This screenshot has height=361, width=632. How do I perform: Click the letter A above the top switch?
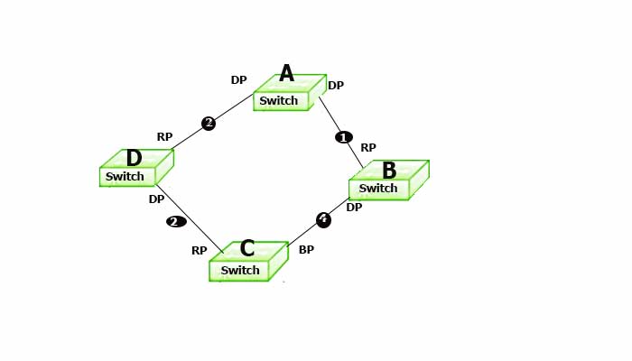[x=286, y=74]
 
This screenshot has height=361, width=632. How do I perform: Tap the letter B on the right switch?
[x=389, y=171]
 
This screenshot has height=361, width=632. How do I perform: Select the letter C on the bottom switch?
[x=246, y=249]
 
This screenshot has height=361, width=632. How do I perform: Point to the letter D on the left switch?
[x=134, y=159]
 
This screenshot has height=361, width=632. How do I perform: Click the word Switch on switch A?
[x=278, y=101]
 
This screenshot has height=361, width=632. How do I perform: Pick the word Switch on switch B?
[x=378, y=189]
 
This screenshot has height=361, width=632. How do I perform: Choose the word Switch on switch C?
[x=240, y=271]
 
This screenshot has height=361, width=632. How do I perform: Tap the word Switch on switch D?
[x=125, y=177]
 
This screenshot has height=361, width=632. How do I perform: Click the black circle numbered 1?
[x=344, y=137]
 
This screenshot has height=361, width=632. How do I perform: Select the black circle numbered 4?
[x=323, y=219]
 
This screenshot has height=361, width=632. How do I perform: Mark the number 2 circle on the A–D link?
[x=209, y=124]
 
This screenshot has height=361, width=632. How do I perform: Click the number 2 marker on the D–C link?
[x=176, y=221]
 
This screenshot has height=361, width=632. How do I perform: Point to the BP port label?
[x=306, y=249]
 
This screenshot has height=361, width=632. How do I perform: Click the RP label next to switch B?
[x=368, y=148]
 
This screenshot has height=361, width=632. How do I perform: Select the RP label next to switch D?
[x=164, y=137]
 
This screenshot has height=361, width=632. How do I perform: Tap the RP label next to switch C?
[x=200, y=251]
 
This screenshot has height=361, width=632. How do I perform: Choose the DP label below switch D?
[x=156, y=199]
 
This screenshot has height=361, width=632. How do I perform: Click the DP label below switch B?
[x=354, y=208]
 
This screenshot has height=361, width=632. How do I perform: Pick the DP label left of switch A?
[x=238, y=80]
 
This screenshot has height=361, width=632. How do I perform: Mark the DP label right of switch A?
[x=336, y=86]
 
